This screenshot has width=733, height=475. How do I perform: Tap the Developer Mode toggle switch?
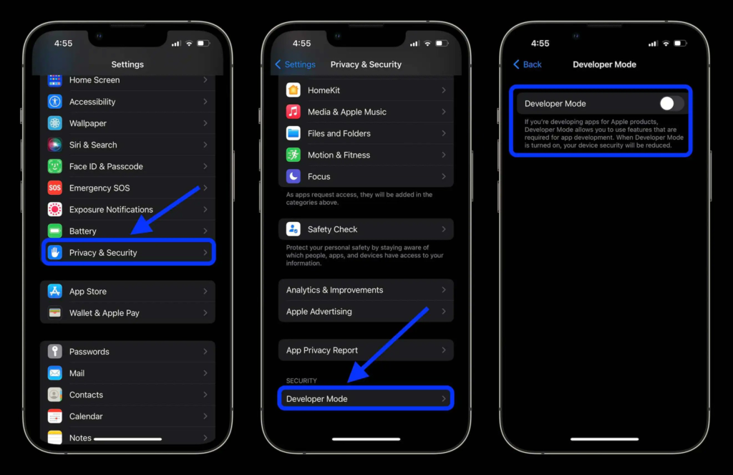pos(671,104)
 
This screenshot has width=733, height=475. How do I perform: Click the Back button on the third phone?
pos(528,64)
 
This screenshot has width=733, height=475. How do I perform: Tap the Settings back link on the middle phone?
pos(295,64)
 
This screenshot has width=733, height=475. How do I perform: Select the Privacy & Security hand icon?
pos(55,253)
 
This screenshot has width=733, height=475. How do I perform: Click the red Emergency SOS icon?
pos(55,188)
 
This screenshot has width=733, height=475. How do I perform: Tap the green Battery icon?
pos(55,231)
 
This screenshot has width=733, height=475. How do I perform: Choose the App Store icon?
pos(55,292)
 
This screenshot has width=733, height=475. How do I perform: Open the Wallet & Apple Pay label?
pos(104,313)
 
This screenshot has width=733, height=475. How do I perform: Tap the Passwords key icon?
pos(55,352)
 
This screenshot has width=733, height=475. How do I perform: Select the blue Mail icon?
pos(55,373)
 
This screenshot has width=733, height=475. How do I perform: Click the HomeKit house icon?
pos(293,90)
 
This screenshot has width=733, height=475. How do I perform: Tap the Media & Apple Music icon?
pos(293,112)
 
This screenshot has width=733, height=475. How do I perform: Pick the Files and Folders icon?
pos(293,133)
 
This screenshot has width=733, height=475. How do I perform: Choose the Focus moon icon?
pos(293,176)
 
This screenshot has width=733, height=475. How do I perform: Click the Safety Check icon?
pos(293,229)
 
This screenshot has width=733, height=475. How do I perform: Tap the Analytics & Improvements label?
pos(334,290)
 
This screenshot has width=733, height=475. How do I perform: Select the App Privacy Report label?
pos(322,350)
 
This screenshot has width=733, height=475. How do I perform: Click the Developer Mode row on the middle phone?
pos(365,399)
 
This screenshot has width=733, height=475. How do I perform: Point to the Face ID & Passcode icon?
pos(55,166)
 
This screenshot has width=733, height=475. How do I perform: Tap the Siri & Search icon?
pos(55,145)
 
